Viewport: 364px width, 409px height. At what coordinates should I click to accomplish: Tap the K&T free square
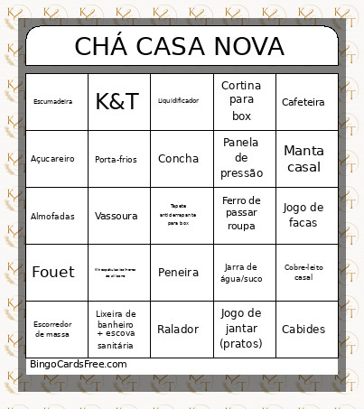coord(117,102)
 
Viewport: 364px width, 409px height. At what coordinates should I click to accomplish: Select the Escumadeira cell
coord(52,102)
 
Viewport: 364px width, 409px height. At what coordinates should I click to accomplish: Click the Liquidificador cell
coord(178,101)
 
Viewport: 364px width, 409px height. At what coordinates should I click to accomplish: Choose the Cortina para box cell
coord(241,101)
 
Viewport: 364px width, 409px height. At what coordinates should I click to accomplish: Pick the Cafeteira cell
coord(303,102)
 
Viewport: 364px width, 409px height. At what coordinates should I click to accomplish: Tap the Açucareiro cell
coord(52,159)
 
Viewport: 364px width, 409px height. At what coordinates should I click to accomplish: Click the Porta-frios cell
coord(117,159)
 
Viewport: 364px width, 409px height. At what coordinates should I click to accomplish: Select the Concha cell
coord(178,159)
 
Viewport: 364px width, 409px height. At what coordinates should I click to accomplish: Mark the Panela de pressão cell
coord(241,158)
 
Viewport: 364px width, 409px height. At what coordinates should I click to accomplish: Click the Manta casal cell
coord(303,159)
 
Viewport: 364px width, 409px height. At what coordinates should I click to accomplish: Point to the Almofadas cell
coord(52,216)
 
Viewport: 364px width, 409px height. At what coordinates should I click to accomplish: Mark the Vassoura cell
coord(117,216)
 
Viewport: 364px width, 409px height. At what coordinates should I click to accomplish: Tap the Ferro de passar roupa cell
coord(241,215)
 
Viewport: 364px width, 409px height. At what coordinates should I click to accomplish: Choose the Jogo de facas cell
coord(303,215)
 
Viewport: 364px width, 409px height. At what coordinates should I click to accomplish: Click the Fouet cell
coord(52,272)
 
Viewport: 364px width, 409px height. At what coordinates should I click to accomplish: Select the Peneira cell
coord(178,272)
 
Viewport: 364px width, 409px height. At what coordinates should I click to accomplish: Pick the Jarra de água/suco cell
coord(241,272)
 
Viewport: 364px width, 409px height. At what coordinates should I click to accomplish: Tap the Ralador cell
coord(178,329)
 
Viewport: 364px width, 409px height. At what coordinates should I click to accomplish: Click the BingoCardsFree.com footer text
coord(79,363)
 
